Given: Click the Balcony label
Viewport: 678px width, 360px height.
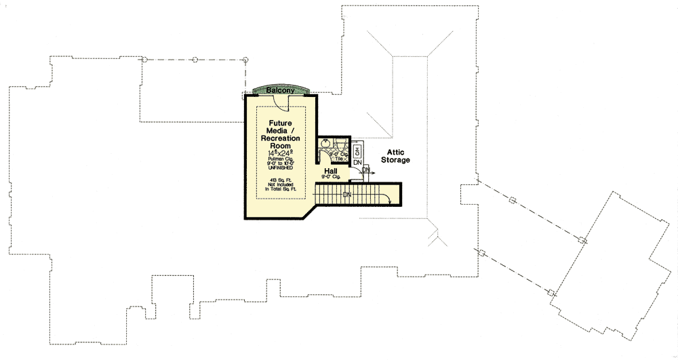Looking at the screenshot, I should [x=280, y=90].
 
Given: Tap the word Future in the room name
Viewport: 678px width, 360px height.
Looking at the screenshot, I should [x=280, y=123].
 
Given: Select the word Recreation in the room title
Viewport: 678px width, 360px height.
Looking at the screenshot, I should [x=279, y=138].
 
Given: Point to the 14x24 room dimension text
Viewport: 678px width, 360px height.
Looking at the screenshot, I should [x=280, y=154].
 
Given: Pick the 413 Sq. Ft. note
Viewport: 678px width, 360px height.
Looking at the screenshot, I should [x=279, y=180].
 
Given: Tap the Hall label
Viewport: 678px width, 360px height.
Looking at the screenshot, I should [x=331, y=172].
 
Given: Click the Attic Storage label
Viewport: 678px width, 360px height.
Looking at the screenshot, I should [x=399, y=156].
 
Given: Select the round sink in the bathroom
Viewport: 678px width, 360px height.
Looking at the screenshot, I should [x=326, y=144].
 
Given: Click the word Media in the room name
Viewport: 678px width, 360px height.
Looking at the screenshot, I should [x=280, y=131].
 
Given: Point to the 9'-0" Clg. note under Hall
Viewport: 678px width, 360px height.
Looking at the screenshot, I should [x=331, y=177].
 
